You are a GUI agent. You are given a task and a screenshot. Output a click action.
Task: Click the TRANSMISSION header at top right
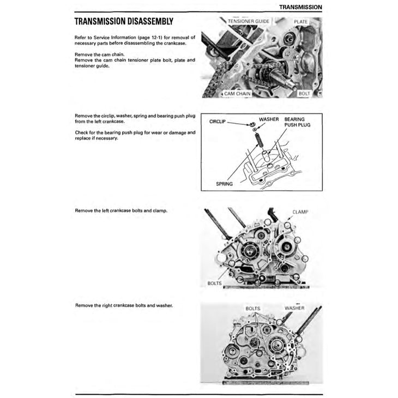click(300, 7)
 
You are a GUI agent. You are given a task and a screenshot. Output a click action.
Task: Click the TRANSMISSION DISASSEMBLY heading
click(124, 22)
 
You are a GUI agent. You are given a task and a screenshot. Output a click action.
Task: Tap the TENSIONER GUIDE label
click(249, 21)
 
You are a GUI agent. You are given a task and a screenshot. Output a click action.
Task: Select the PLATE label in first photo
click(300, 21)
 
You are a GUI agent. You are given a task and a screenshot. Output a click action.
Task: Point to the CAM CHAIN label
click(236, 94)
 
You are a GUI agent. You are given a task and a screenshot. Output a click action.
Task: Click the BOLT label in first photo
click(304, 94)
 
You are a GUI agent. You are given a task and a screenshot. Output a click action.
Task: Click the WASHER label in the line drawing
click(269, 119)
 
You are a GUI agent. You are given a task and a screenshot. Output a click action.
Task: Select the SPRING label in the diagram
click(224, 184)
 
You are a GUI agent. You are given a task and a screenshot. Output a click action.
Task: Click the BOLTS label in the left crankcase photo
click(215, 284)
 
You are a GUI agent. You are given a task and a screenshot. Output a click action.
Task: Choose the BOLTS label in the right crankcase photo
click(253, 308)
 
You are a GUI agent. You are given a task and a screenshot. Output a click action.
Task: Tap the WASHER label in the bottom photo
click(296, 308)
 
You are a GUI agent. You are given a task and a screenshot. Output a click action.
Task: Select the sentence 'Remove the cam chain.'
click(100, 55)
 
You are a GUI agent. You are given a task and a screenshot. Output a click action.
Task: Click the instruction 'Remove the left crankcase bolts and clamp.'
click(121, 210)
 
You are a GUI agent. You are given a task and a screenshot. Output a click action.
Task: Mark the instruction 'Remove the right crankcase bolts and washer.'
click(124, 305)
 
